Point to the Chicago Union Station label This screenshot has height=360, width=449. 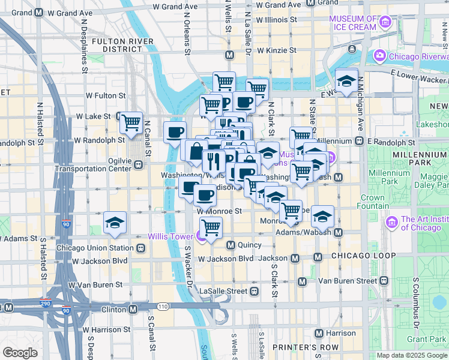[95, 248]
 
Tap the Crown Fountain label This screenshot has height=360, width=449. [372, 202]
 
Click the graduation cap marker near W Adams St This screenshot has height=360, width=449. [115, 223]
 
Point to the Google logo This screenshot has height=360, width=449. [20, 353]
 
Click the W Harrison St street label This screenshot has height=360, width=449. [107, 329]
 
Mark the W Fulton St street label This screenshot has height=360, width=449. [105, 95]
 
